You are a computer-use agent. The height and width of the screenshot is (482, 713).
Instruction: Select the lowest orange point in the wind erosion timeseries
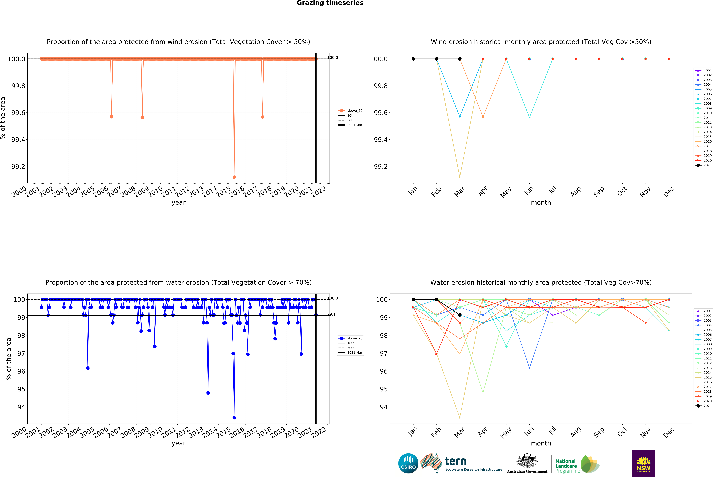click(x=234, y=177)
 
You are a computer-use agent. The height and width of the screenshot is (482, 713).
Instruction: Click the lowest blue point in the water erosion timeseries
click(x=234, y=418)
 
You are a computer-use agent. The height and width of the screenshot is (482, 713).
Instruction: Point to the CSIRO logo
click(x=408, y=463)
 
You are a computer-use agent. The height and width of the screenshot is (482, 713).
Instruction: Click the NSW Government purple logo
click(x=643, y=463)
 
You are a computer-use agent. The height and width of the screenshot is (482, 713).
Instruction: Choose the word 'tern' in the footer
click(x=456, y=461)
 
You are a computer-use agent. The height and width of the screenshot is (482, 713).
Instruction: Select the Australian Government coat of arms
click(x=527, y=460)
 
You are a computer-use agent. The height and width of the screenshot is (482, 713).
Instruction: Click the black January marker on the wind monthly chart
click(x=413, y=59)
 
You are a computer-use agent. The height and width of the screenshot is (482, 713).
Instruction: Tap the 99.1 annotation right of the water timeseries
click(x=331, y=314)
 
